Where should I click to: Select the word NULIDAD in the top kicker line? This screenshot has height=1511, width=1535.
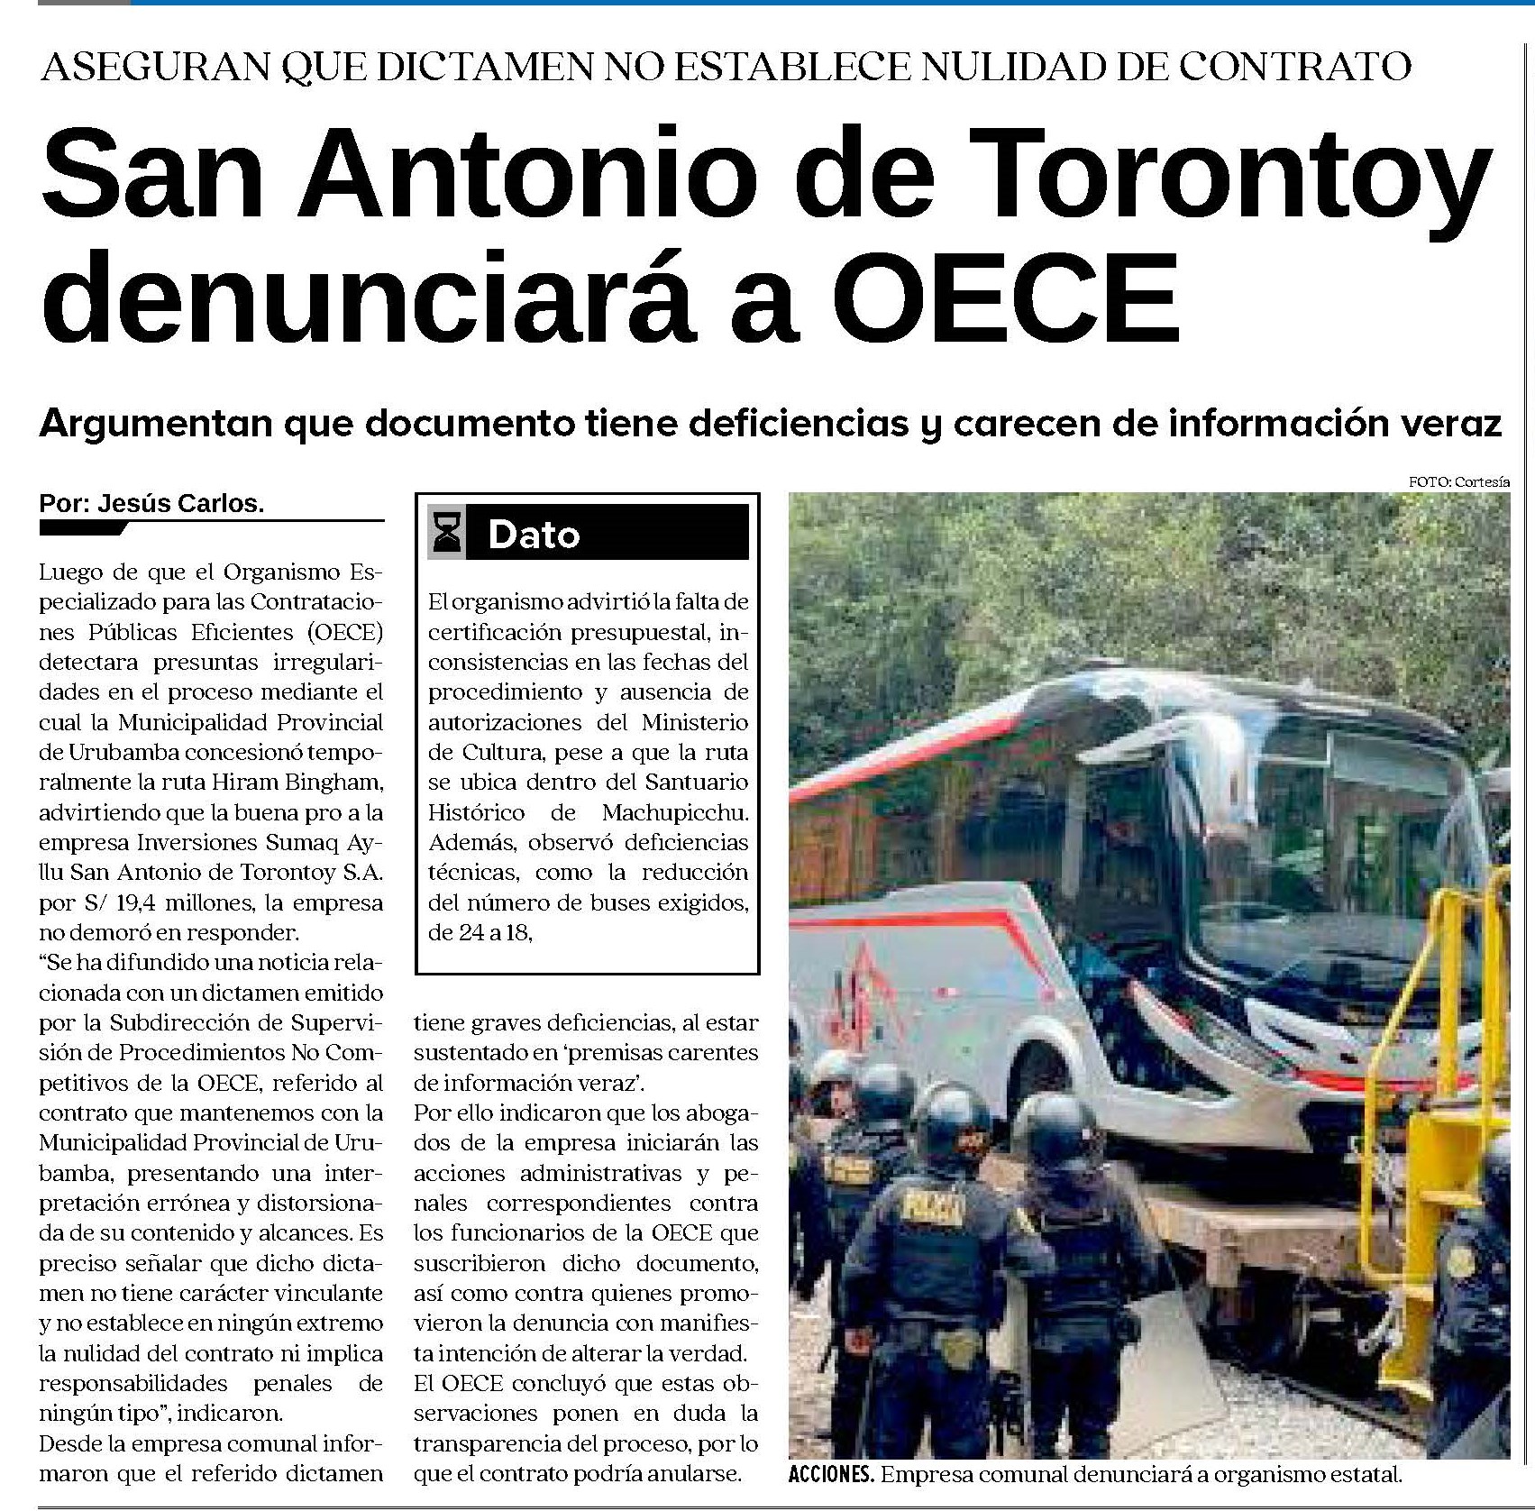982,66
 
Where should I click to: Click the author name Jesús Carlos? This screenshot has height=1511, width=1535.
180,504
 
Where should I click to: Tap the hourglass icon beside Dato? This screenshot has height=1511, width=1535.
448,533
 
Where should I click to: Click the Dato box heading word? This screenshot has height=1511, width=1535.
534,535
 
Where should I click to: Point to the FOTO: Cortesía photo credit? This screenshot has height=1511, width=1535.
1458,482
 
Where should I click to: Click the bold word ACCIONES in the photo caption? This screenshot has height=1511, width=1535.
830,1476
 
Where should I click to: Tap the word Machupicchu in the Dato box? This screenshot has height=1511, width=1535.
675,812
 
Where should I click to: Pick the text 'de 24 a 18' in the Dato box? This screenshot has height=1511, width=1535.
480,933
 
